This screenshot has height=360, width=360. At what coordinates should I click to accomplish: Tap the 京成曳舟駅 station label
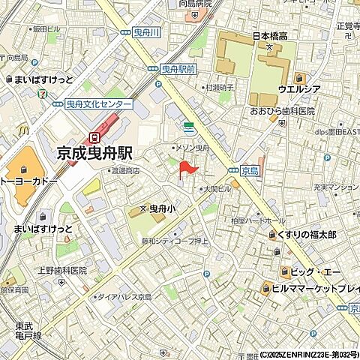click(x=94, y=152)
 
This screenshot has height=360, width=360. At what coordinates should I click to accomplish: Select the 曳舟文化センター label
click(x=100, y=104)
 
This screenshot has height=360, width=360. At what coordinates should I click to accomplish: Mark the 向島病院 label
click(x=195, y=4)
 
